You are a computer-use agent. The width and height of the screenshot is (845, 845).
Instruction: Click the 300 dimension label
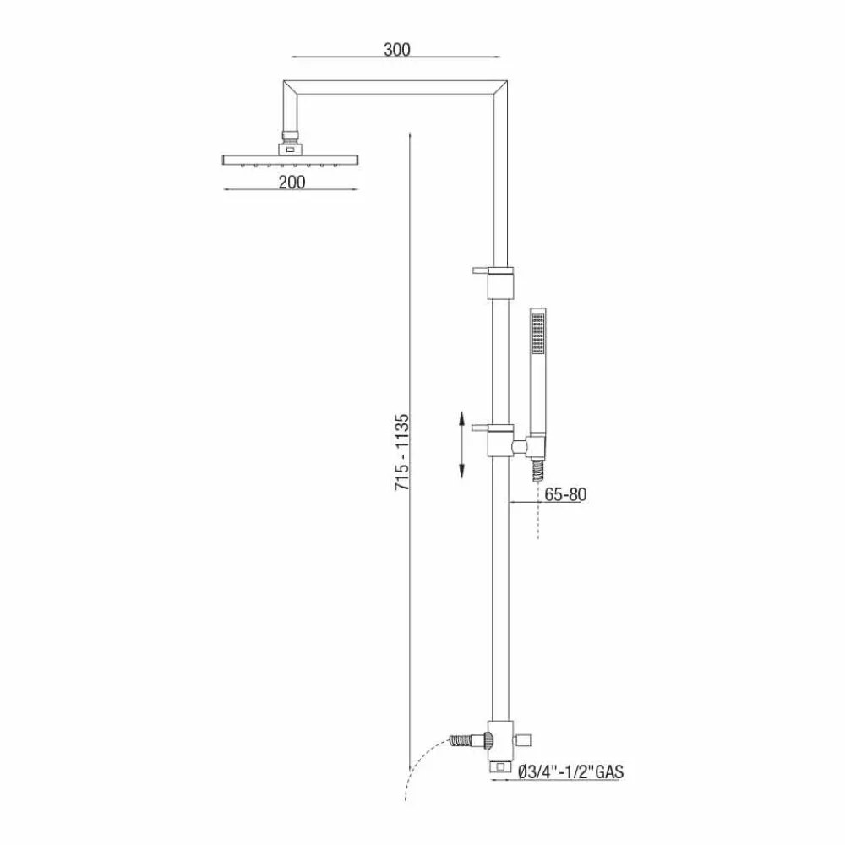(x=395, y=49)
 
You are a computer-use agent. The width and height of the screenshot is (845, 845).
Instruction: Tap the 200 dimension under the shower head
(x=289, y=180)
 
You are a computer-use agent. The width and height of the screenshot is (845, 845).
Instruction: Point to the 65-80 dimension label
(x=565, y=495)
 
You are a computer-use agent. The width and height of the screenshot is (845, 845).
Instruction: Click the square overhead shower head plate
(x=289, y=160)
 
